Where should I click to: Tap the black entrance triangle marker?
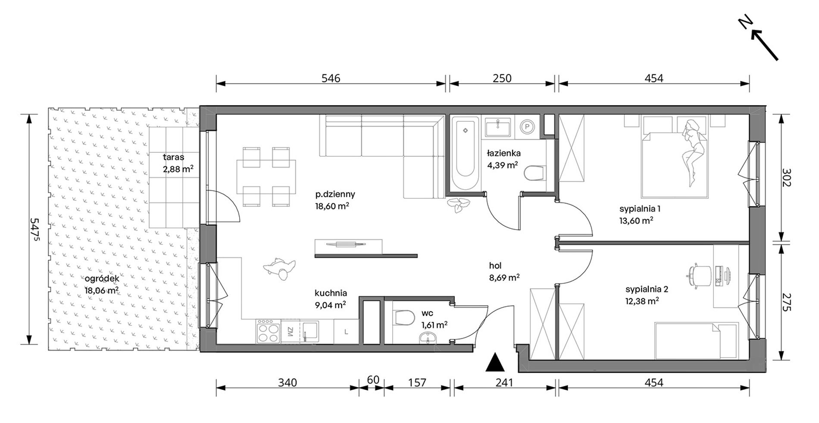tap(495, 362)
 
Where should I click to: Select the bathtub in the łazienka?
tap(466, 153)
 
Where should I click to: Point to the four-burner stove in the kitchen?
tap(269, 331)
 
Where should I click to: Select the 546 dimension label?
tap(331, 78)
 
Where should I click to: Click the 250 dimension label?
tap(502, 78)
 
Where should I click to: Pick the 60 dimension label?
tap(373, 380)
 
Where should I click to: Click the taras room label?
tap(174, 157)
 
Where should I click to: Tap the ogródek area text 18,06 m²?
tap(102, 290)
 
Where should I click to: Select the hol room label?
tap(495, 266)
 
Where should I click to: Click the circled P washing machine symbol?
tap(527, 126)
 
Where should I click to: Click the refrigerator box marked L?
tap(346, 331)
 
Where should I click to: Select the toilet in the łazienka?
tap(534, 174)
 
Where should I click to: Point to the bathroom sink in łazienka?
tap(498, 127)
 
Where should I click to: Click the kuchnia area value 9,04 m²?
tap(331, 305)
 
